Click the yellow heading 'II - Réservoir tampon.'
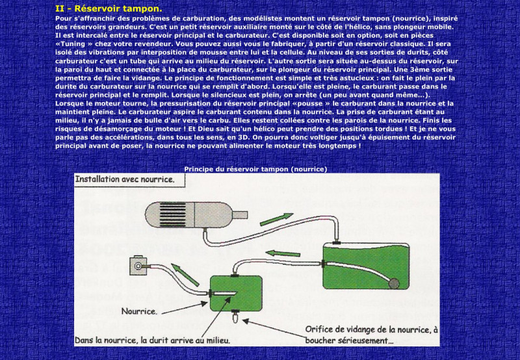click(109, 8)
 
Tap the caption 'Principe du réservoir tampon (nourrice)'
click(255, 169)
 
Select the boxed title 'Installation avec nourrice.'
click(125, 179)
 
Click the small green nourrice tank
click(236, 293)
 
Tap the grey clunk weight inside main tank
click(394, 284)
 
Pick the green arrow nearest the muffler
click(277, 219)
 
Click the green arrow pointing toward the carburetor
click(185, 274)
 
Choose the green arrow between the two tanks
click(283, 253)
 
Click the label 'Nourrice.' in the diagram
click(139, 311)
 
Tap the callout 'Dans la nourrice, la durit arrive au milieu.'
click(152, 340)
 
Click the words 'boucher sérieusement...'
click(349, 341)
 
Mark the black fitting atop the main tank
click(337, 243)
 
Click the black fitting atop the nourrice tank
click(234, 276)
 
